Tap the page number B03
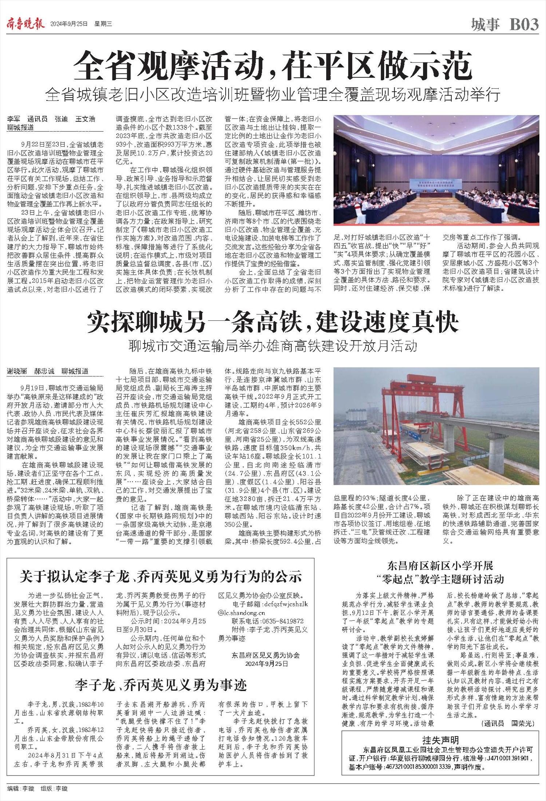point(524,24)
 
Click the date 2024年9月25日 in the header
point(69,24)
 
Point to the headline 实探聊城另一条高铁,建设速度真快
point(273,322)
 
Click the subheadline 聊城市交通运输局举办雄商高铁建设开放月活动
point(273,346)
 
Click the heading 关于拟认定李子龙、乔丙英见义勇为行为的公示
point(161,577)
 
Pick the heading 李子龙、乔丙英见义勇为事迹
point(161,686)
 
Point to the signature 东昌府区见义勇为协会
point(265,655)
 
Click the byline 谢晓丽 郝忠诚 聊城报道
point(48,371)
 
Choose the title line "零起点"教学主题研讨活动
point(440,579)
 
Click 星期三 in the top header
point(103,24)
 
